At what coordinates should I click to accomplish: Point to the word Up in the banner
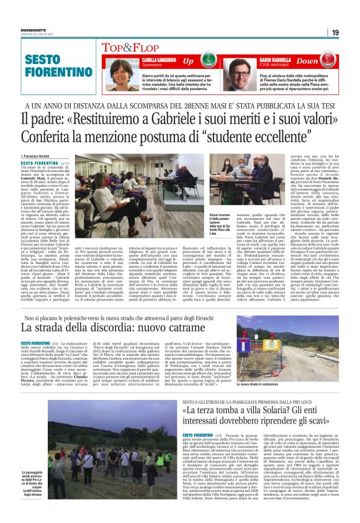pos(187,61)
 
